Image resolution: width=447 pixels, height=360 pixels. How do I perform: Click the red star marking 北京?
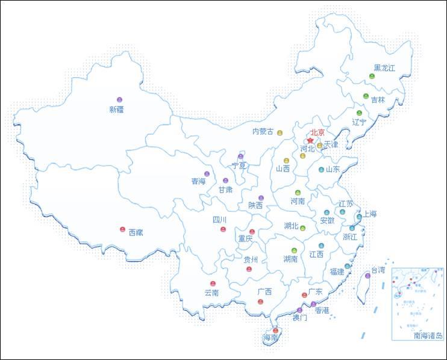[310, 140]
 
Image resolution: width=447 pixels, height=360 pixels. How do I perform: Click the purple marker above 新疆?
[119, 99]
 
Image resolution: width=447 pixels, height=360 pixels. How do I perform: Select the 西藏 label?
[136, 232]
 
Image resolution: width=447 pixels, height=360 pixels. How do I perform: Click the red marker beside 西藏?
[122, 229]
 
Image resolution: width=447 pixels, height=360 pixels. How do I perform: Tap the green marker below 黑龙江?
[372, 76]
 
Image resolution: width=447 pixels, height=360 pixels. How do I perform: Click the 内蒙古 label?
[263, 131]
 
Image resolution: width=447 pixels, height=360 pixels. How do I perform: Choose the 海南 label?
[270, 338]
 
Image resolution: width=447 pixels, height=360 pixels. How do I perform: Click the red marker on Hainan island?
[275, 331]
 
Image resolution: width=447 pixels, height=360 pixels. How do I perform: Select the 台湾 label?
[377, 270]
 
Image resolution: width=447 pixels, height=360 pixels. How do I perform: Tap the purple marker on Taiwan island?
[367, 276]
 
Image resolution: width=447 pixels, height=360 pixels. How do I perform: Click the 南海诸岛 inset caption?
[428, 336]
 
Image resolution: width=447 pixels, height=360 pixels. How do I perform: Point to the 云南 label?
[211, 293]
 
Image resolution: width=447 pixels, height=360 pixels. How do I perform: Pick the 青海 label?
[198, 181]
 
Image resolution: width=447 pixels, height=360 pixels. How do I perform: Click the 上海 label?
[369, 214]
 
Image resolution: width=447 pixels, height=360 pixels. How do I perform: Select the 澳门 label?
[299, 317]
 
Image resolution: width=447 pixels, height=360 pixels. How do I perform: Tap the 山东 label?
[333, 169]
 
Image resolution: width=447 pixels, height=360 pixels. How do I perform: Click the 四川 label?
[219, 220]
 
